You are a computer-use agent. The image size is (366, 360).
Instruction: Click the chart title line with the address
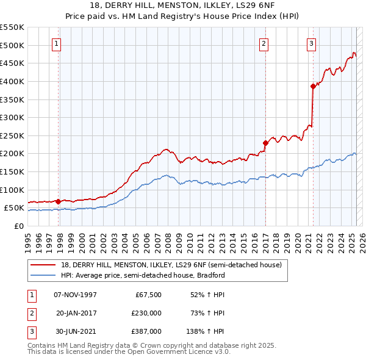point(182,6)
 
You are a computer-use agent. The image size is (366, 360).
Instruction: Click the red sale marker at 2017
point(265,143)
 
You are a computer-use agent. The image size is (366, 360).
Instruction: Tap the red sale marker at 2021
point(313,86)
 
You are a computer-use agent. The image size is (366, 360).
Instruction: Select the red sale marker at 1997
point(58,201)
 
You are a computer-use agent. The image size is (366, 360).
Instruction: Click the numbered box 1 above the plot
point(56,43)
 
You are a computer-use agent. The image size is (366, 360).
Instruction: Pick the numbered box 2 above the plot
point(264,43)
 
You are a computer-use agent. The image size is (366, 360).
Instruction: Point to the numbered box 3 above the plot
point(311,43)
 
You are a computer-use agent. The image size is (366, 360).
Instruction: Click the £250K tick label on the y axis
point(12,135)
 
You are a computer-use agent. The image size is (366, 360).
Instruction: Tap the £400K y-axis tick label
point(12,81)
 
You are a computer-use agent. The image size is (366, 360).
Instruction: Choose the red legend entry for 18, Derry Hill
point(171,265)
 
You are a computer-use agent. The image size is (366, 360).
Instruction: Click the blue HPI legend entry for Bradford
point(143,275)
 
